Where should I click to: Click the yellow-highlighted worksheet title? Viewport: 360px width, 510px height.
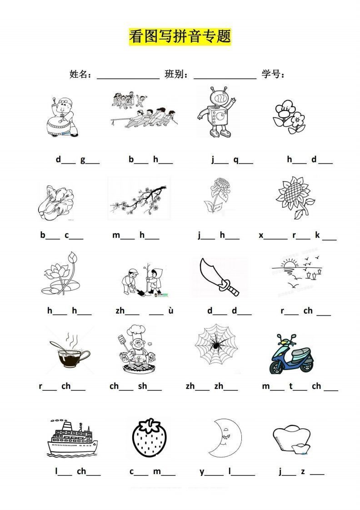coord(180,36)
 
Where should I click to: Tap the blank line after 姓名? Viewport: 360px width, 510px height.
coord(128,79)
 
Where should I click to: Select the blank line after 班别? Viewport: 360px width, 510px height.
coord(225,79)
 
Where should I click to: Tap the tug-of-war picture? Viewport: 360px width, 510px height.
coord(143,110)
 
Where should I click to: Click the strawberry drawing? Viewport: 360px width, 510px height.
coord(150,437)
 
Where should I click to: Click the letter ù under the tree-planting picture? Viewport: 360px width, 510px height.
coord(171,310)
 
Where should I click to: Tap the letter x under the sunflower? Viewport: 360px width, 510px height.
coord(261,235)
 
